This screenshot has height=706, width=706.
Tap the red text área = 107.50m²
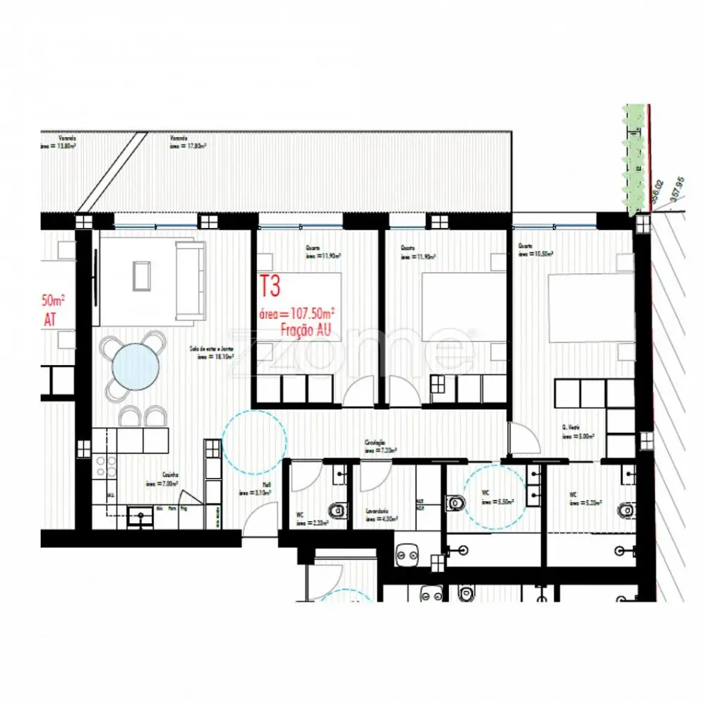pyautogui.click(x=298, y=313)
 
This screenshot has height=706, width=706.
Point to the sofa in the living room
pyautogui.click(x=190, y=278)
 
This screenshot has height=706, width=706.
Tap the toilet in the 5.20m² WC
pyautogui.click(x=625, y=510)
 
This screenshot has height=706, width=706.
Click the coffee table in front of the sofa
pyautogui.click(x=141, y=275)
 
